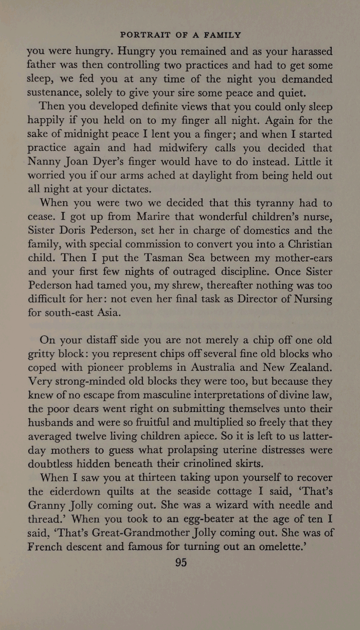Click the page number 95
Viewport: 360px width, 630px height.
tap(180, 562)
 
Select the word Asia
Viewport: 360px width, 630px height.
tap(109, 313)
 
